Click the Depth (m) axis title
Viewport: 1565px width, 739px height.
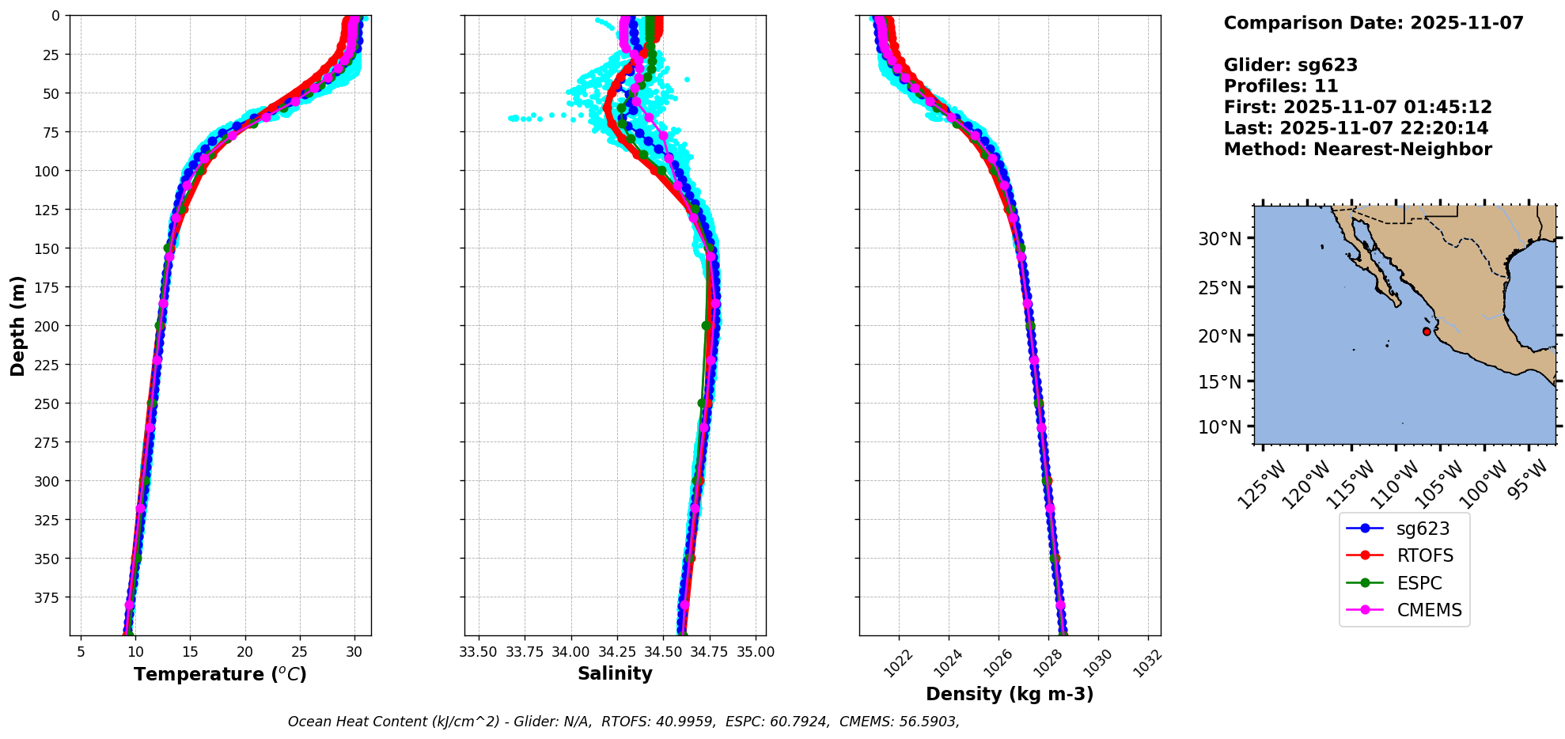click(x=17, y=325)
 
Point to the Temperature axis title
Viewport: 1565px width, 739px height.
click(x=220, y=674)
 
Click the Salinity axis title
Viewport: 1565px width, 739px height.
click(x=615, y=673)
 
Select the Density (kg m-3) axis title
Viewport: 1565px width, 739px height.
click(x=1010, y=694)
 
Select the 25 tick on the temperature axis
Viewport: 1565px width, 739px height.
click(x=299, y=652)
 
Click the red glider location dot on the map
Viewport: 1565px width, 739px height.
click(x=1427, y=332)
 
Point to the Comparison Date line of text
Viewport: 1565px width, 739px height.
click(x=1374, y=23)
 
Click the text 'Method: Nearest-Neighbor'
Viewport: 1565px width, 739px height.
click(x=1358, y=150)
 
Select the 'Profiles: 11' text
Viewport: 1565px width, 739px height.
click(x=1281, y=86)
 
